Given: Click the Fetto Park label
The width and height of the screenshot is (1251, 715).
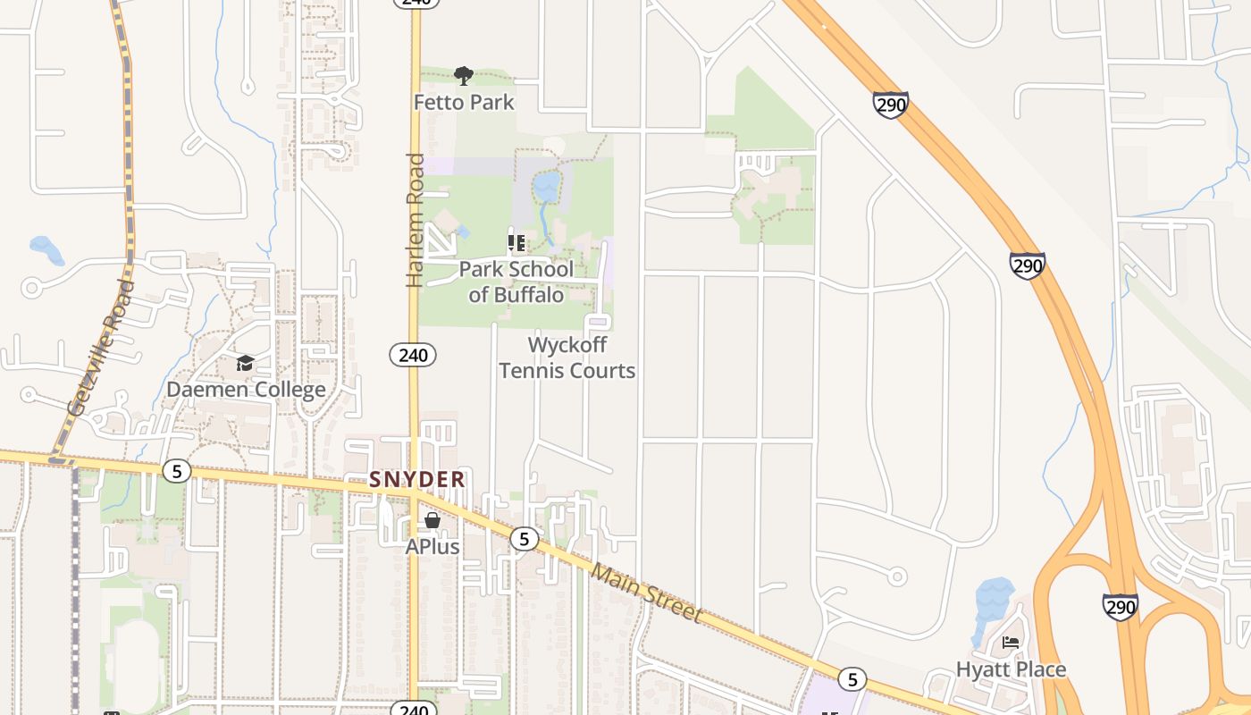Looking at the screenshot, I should tap(464, 103).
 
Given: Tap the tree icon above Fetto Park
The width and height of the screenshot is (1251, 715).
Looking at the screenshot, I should tap(463, 75).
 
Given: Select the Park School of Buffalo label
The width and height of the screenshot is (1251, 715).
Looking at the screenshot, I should tap(516, 282).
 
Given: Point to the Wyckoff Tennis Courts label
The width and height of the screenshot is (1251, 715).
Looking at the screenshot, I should tap(567, 357).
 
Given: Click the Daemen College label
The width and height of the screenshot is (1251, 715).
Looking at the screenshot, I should tap(246, 391).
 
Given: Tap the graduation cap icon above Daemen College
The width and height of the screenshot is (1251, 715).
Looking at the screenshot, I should tap(245, 363).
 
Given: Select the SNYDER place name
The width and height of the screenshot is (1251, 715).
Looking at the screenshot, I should tap(417, 480).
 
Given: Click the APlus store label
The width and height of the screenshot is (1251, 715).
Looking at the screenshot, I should tap(432, 546).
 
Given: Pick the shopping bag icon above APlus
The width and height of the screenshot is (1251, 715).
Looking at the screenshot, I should tap(432, 519).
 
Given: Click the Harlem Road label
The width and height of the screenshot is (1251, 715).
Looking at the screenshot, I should tap(416, 221).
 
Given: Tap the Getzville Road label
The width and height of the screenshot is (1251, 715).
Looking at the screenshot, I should tap(101, 349).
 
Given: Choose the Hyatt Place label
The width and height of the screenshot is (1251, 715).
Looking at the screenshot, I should tap(1011, 669).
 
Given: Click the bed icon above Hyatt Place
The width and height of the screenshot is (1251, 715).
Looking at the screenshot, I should tap(1011, 642).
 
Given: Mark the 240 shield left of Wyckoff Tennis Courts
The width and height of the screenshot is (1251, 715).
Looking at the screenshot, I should tap(413, 355).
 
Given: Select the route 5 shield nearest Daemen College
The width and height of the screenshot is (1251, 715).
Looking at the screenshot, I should tap(177, 470).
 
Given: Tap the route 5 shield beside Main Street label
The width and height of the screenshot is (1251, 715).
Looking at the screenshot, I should tap(524, 538).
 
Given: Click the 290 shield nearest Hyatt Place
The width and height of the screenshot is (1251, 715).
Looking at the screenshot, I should tap(1120, 607).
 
